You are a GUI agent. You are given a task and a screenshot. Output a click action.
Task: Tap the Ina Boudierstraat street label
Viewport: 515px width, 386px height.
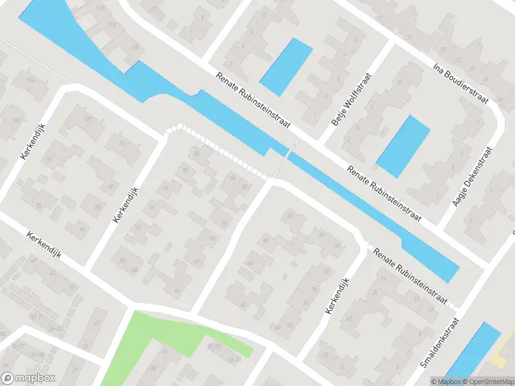click(461, 83)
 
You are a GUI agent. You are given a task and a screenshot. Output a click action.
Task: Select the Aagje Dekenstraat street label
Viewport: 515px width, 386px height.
click(473, 177)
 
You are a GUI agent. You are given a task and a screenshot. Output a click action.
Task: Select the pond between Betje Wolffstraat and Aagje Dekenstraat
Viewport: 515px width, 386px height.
click(403, 146)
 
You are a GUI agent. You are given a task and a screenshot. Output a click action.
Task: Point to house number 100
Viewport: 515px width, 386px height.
click(88, 119)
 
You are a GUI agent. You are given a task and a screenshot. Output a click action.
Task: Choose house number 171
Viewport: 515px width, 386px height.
click(153, 10)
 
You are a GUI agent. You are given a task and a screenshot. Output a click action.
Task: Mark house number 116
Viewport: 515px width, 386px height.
click(99, 8)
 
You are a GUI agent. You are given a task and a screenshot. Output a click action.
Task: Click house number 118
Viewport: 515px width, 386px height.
click(113, 24)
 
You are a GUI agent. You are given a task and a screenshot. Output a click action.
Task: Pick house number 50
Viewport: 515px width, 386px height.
click(290, 216)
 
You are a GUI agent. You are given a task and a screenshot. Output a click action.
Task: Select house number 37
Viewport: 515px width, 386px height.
click(97, 323)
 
